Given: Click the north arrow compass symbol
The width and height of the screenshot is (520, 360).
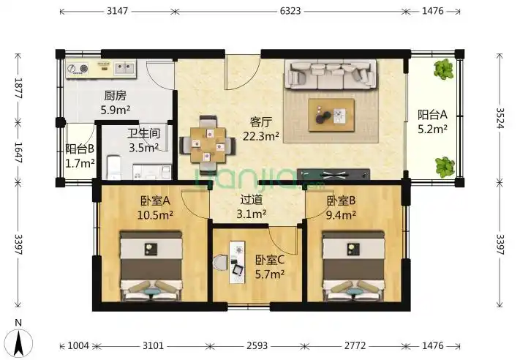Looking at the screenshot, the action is tap(20, 342).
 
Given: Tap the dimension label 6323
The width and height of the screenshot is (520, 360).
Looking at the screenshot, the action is tap(290, 11).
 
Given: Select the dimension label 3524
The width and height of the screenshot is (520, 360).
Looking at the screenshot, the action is tap(500, 118).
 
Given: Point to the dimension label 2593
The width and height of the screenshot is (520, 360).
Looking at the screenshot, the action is tap(257, 346).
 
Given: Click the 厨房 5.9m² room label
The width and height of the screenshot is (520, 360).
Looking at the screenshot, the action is tap(115, 102).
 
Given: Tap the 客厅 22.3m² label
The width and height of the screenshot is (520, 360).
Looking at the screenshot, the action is tap(260, 129).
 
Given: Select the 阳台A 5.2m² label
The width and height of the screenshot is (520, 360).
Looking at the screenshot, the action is tap(432, 121).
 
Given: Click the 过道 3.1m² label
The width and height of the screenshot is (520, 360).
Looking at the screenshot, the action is tap(252, 206).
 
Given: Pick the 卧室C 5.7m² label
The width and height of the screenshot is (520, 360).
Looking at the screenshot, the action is tap(270, 266).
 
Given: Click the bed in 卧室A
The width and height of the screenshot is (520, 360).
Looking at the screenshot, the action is tap(151, 266).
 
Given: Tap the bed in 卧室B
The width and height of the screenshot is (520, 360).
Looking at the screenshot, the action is tap(354, 266).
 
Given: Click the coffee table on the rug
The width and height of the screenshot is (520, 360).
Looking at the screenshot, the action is tap(331, 115).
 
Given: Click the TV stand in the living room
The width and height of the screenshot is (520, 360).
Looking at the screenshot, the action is tap(334, 174).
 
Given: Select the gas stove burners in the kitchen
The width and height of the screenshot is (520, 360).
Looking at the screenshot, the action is tap(78, 69).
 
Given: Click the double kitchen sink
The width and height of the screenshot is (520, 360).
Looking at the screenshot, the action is tap(124, 68).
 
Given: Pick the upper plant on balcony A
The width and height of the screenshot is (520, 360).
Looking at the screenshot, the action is tap(443, 70).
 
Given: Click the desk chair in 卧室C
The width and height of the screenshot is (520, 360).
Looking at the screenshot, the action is tap(220, 263).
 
